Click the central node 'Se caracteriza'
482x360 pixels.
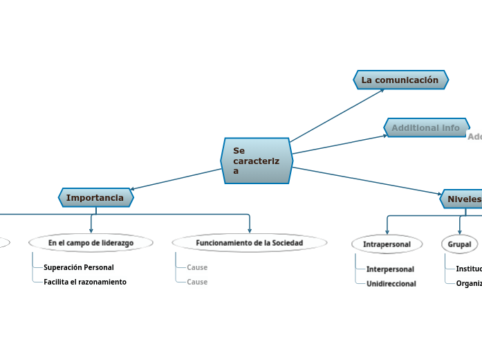coord(257,161)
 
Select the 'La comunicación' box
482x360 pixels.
coord(400,80)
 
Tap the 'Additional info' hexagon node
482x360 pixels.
coord(426,127)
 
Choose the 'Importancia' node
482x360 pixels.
coord(95,198)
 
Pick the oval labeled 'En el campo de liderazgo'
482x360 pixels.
coord(91,243)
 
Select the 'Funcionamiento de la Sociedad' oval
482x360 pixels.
coord(249,243)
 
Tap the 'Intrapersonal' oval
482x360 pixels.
coord(387,244)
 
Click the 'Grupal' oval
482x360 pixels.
coord(459,244)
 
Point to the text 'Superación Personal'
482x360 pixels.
coord(78,267)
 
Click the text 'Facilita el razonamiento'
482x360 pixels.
coord(84,282)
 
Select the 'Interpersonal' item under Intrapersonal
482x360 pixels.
coord(390,269)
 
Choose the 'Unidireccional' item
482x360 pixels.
coord(391,284)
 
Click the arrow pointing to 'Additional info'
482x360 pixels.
coord(339,144)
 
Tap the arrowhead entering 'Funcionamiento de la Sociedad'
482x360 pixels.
coord(250,230)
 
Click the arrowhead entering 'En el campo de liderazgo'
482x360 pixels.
coord(91,230)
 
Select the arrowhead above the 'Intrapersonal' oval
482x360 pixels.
coord(387,231)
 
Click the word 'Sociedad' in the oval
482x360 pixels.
coord(287,243)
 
